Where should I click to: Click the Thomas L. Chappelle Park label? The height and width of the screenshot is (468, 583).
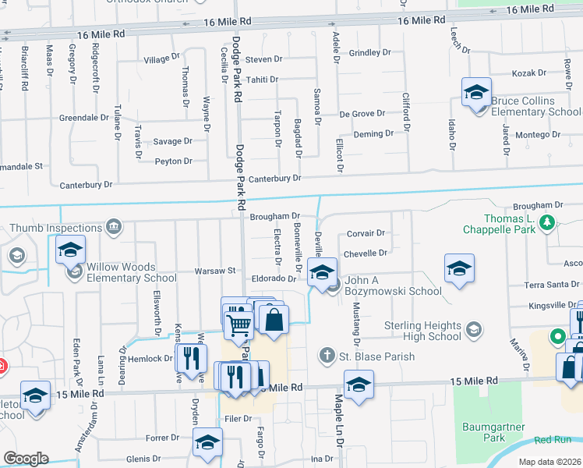point(499,223)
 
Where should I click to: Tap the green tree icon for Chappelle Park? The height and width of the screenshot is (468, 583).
point(548,223)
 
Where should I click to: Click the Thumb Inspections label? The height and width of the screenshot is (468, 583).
point(55,228)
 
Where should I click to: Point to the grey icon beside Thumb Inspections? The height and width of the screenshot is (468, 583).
point(114,228)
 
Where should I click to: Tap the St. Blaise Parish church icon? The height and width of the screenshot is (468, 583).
point(330,356)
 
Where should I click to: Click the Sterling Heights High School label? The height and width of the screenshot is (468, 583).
point(423,331)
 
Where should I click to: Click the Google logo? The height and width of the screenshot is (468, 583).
point(26,459)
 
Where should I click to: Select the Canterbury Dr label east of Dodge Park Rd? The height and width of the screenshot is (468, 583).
point(274,179)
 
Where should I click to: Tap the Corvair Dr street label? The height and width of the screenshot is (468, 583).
point(366,233)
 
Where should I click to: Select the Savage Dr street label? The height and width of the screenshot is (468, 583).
point(172,141)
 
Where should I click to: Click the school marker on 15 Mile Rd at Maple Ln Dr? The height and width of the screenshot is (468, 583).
point(358,385)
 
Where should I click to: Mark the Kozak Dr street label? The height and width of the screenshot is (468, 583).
point(529,73)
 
